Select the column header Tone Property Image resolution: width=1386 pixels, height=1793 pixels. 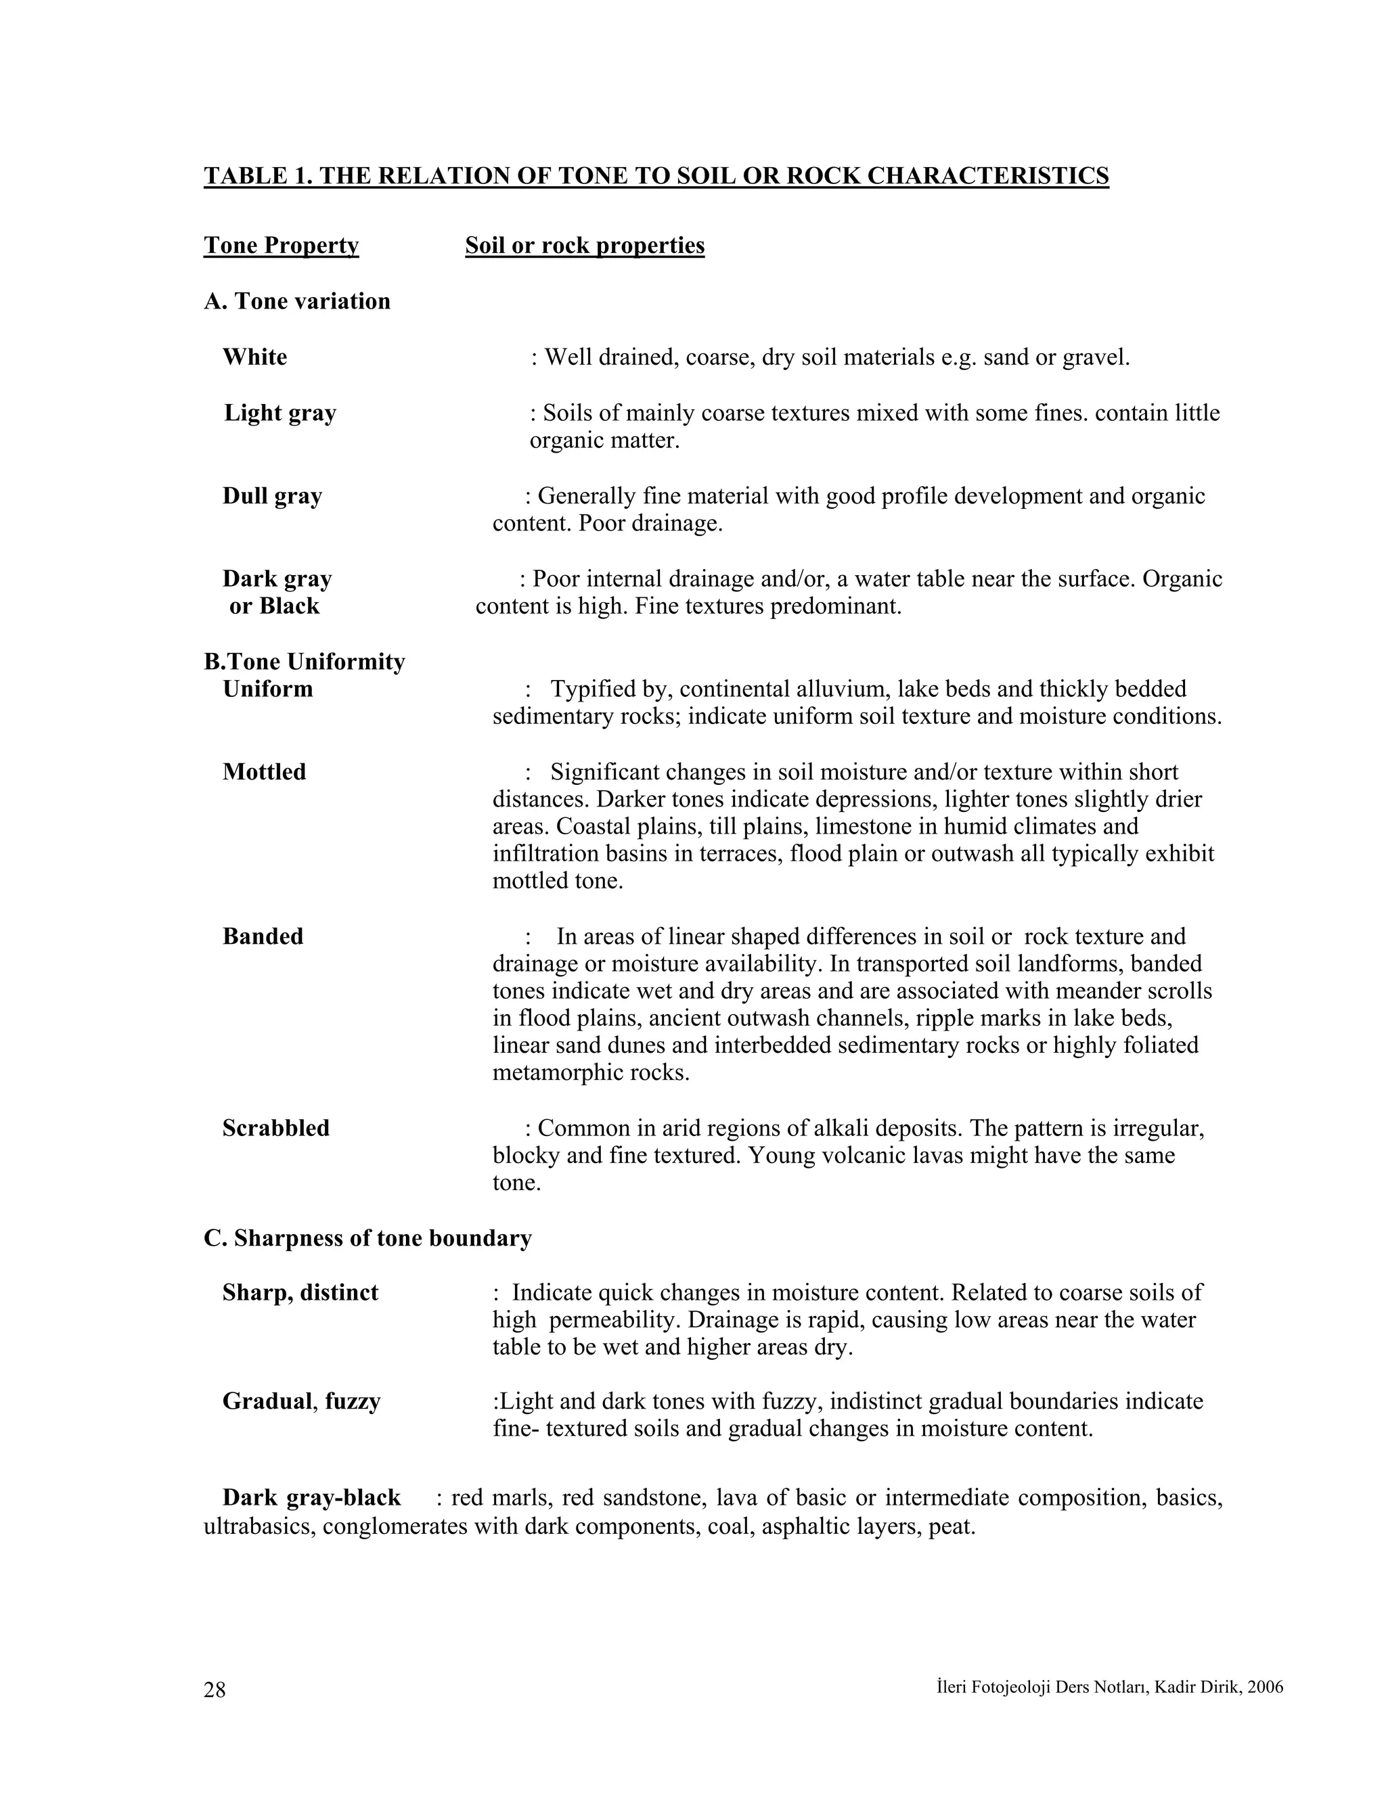(x=281, y=246)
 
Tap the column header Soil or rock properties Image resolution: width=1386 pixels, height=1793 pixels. (x=584, y=246)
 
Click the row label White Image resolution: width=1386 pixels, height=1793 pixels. (x=254, y=357)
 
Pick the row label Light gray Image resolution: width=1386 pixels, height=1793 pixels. (x=280, y=413)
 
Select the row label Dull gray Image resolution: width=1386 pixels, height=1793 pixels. (x=272, y=496)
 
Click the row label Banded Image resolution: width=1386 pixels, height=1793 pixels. (x=263, y=936)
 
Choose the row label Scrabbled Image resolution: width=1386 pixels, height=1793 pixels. (x=276, y=1128)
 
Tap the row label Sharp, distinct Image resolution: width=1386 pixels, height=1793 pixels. (x=300, y=1293)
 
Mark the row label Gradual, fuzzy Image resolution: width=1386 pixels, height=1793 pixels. (x=301, y=1401)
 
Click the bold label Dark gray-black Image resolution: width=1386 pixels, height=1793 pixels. (x=311, y=1497)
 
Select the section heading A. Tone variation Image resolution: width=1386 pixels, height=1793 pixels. (x=296, y=301)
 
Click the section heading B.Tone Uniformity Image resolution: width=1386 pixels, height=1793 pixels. (x=304, y=662)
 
